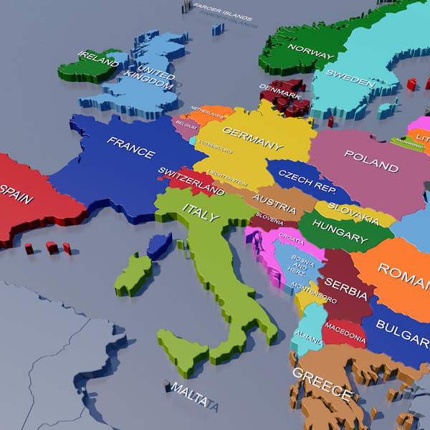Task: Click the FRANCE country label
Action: tap(131, 147)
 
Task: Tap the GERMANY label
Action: tap(252, 138)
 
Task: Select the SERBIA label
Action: tap(346, 290)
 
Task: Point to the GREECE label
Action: tap(322, 384)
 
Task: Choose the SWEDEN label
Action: tap(350, 77)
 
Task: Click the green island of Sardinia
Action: tap(134, 274)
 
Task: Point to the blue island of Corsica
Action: tap(159, 245)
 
